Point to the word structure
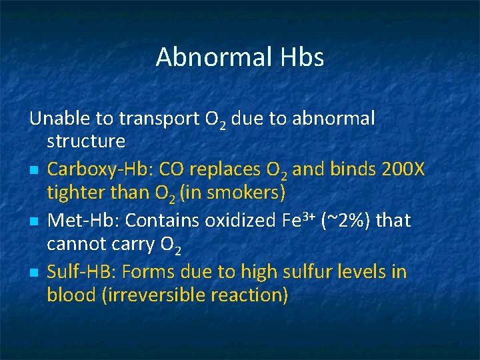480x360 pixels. click(86, 141)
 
